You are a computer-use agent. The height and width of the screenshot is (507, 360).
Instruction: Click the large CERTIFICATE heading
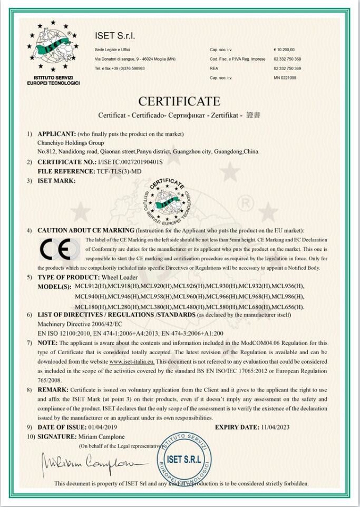click(179, 101)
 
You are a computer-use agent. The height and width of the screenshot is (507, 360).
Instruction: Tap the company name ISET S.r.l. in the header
click(115, 36)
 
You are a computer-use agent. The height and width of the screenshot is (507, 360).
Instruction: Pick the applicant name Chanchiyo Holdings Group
click(71, 142)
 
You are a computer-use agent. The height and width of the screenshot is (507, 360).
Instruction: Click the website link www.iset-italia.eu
click(132, 362)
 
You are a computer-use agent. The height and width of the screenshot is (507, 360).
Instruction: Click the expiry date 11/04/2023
click(271, 427)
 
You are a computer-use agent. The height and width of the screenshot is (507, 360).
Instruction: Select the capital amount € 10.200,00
click(285, 50)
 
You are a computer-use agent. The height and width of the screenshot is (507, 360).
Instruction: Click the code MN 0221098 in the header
click(285, 77)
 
